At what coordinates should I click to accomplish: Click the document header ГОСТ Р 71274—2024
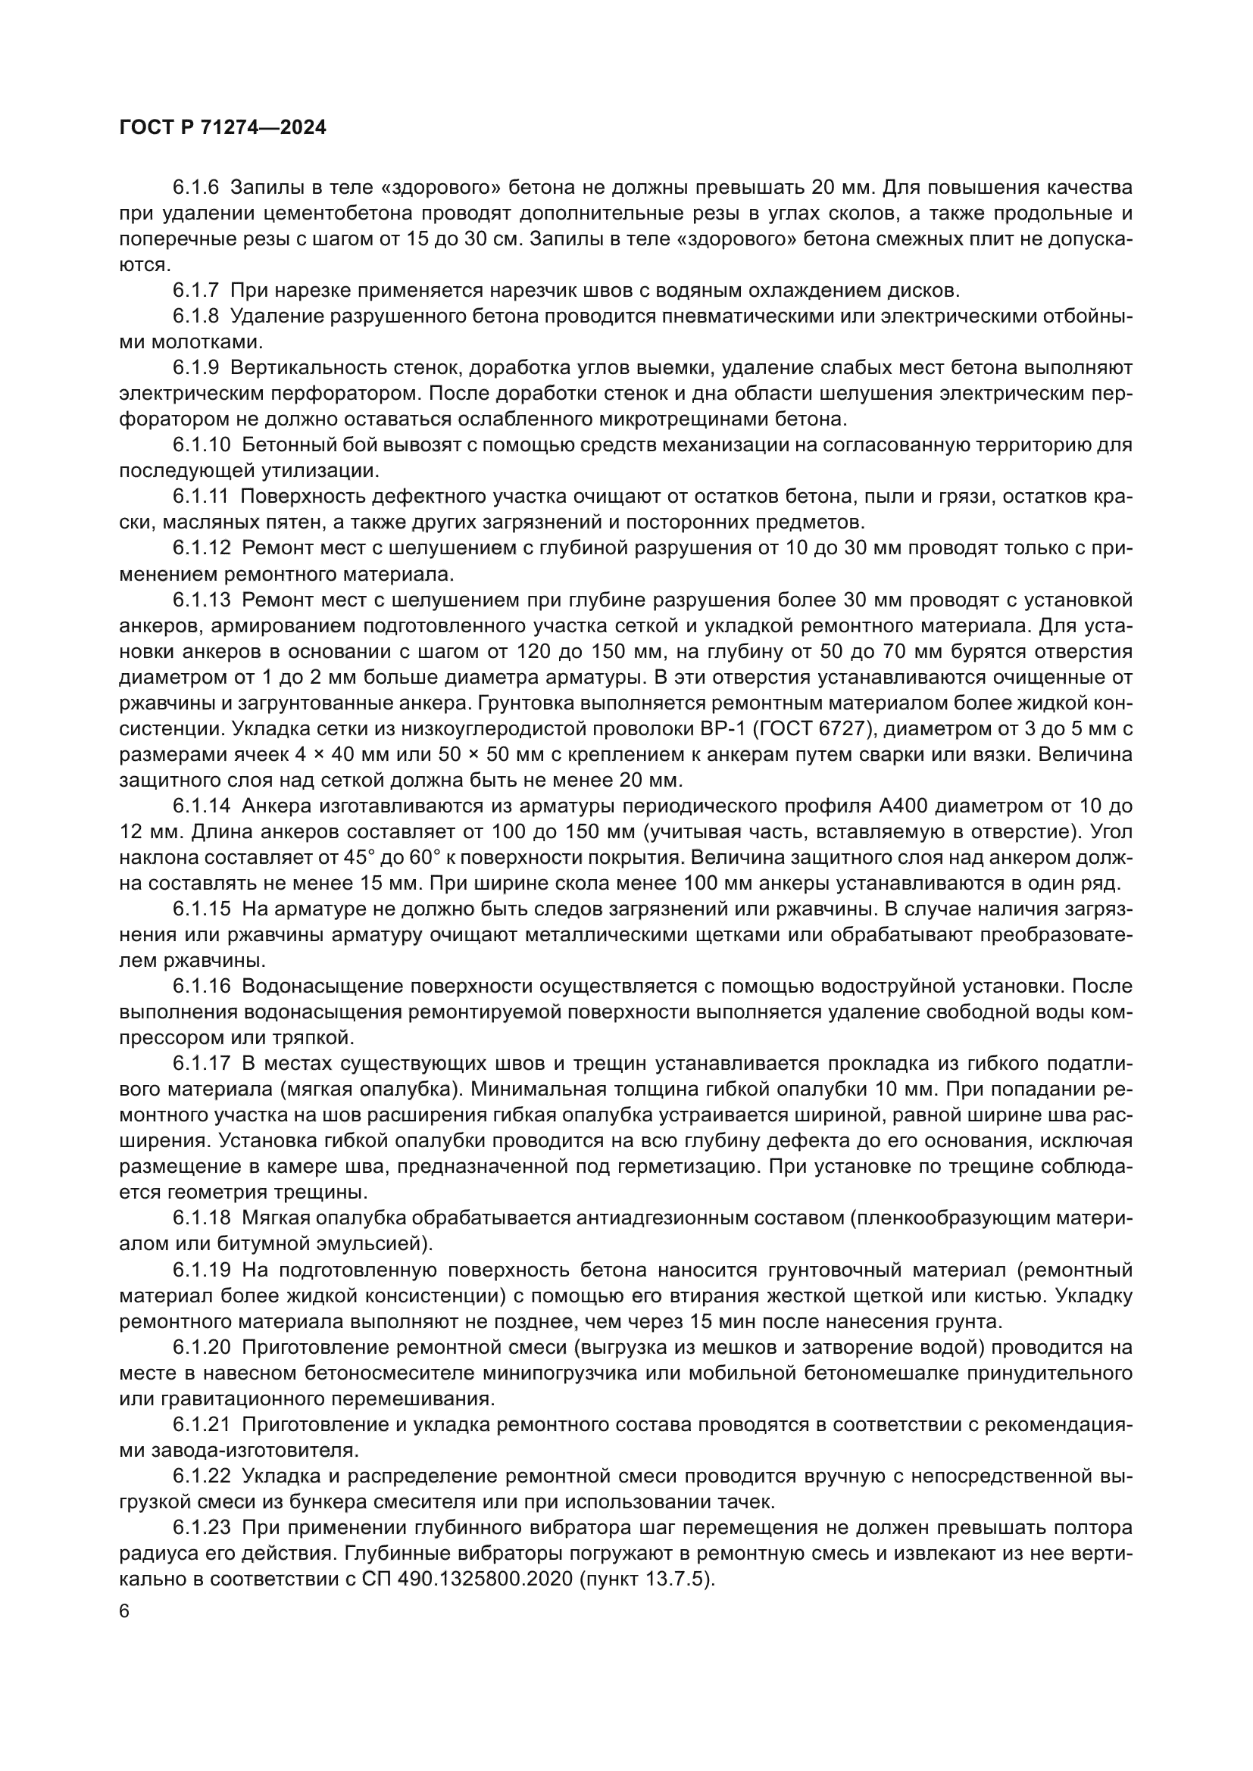223,128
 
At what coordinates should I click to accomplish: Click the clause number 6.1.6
196,188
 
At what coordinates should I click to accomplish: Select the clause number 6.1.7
196,291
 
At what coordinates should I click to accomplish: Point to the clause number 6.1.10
202,445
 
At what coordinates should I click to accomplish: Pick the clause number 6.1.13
202,600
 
